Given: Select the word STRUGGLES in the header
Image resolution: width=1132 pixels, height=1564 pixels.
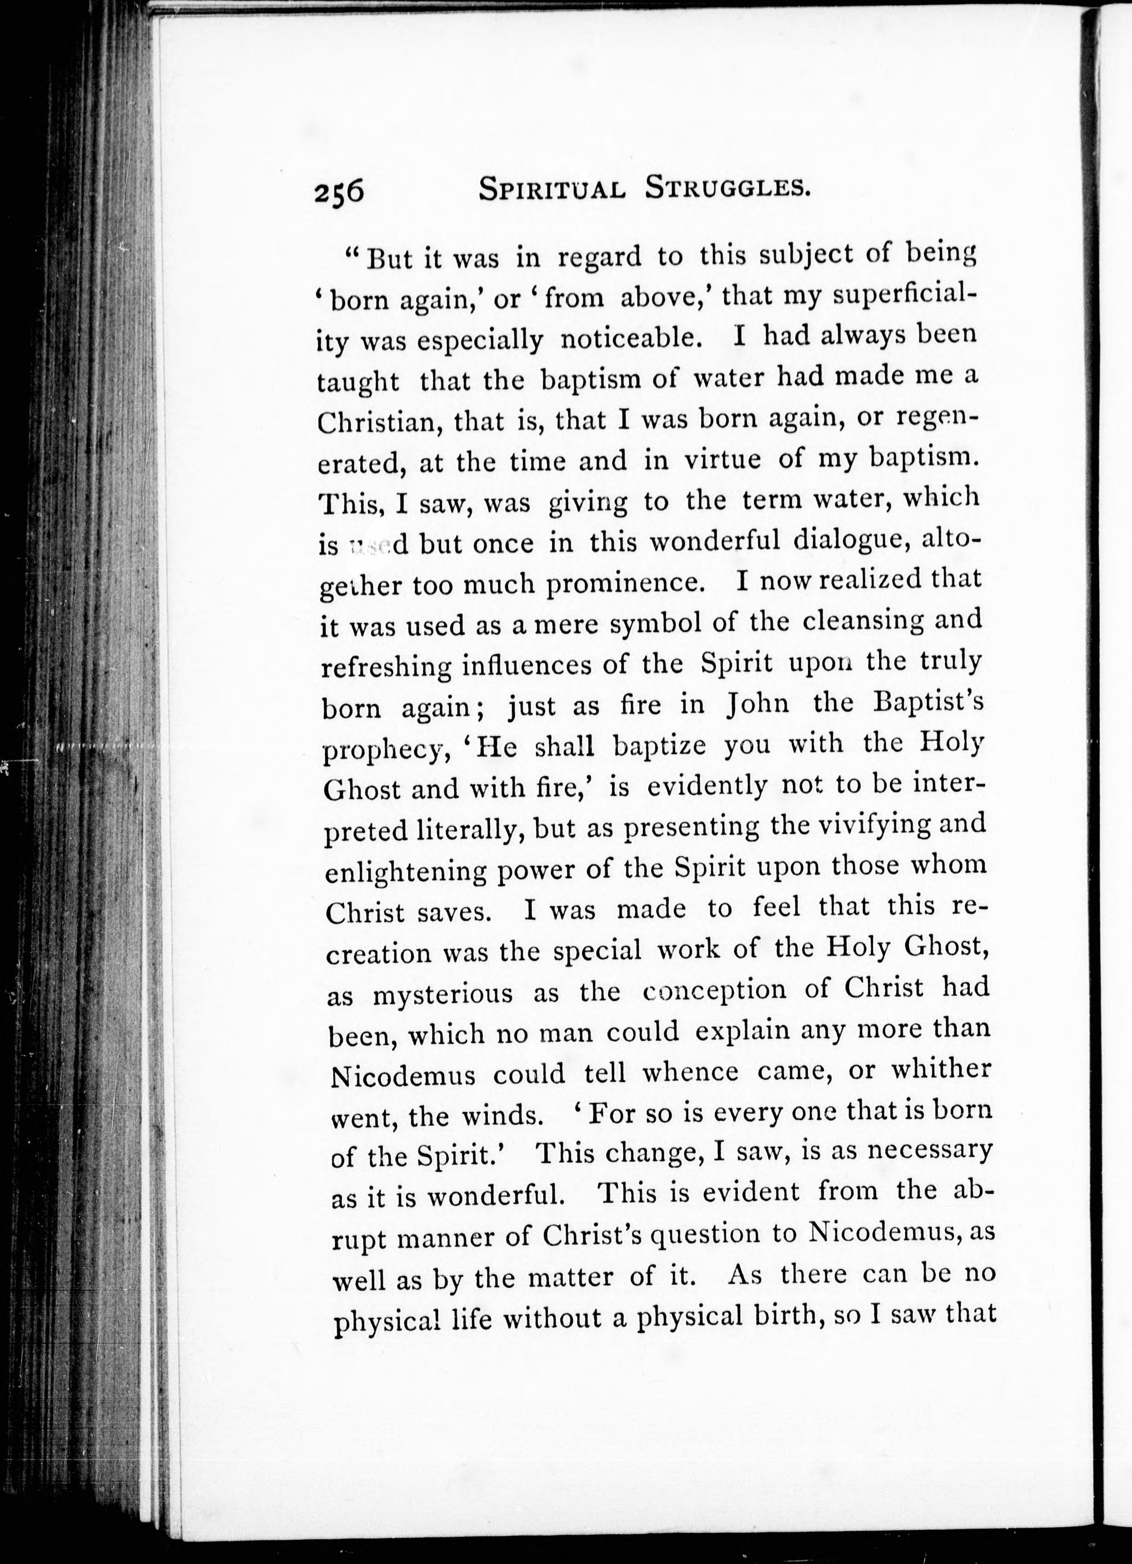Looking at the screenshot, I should pos(728,188).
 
